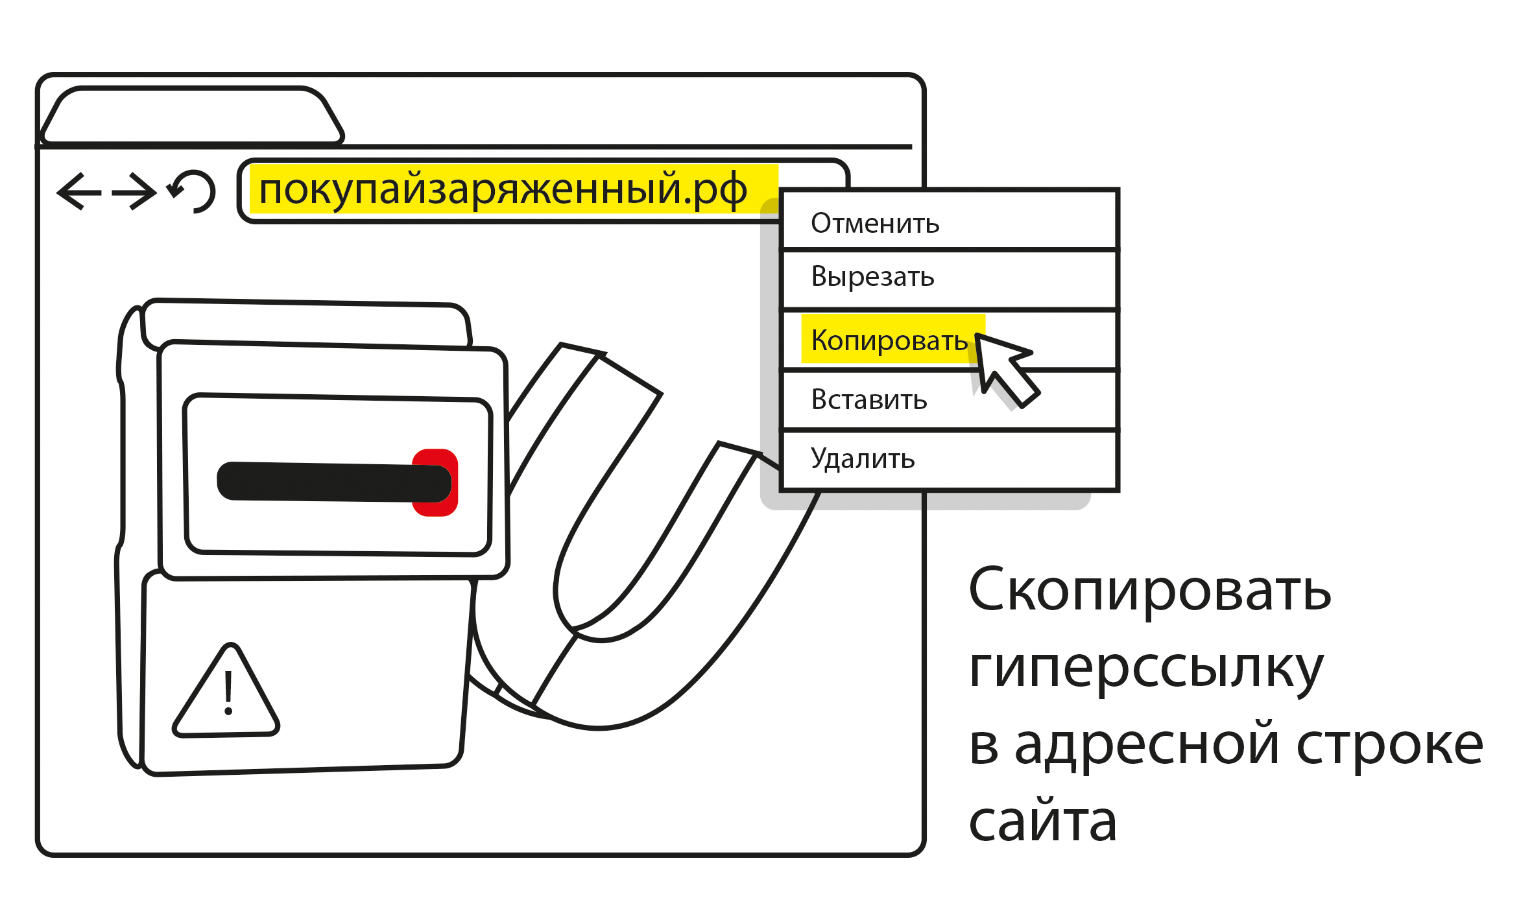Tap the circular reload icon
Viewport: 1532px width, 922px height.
point(193,191)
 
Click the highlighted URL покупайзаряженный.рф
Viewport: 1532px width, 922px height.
point(503,190)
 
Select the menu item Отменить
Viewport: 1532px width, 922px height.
point(874,224)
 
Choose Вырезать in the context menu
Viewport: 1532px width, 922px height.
point(872,277)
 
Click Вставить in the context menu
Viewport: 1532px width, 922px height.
point(869,400)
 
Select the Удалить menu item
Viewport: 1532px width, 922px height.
point(863,459)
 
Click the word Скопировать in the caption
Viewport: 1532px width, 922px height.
point(1149,590)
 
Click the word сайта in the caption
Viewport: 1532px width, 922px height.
point(1042,822)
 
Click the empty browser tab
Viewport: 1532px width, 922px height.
point(191,115)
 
